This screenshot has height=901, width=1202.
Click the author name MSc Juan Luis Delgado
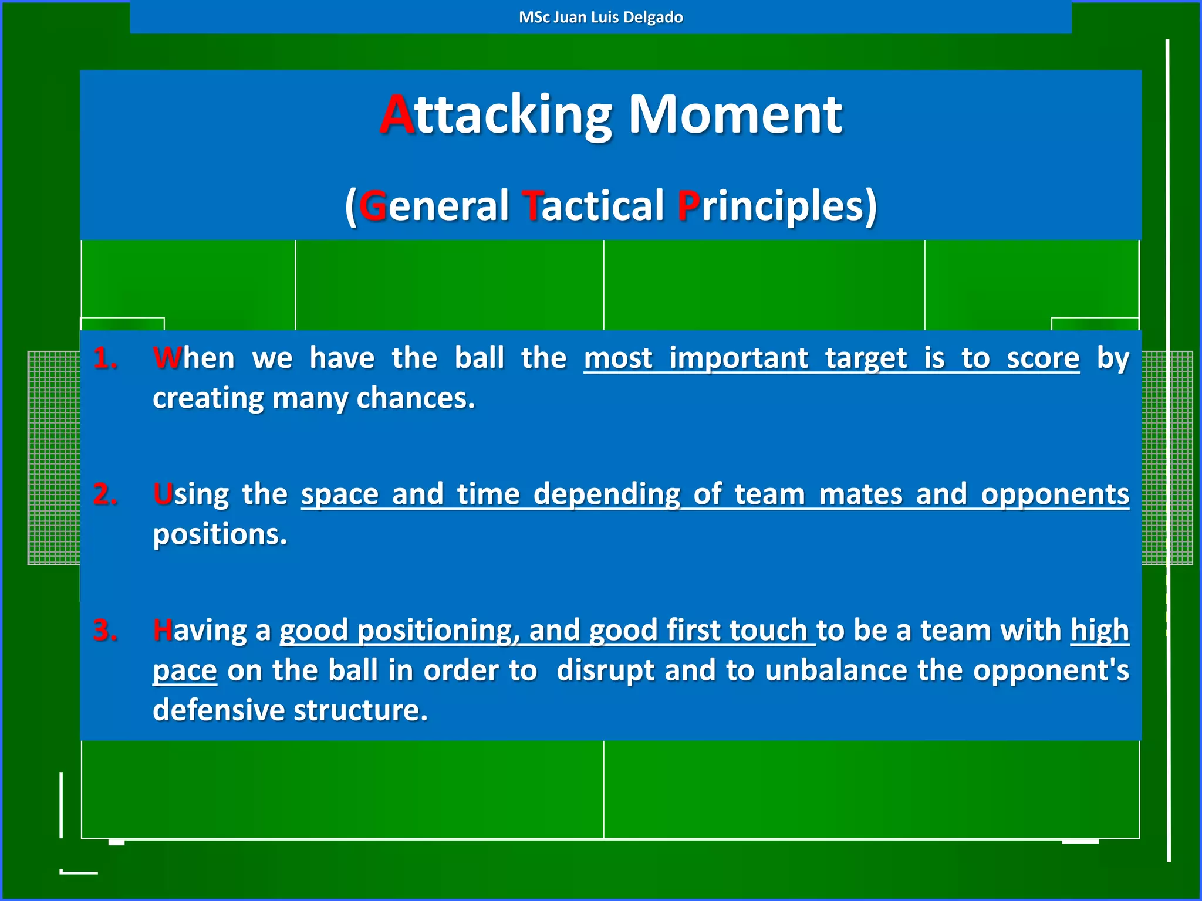(600, 17)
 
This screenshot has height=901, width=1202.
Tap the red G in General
(373, 206)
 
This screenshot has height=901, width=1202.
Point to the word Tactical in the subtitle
(593, 206)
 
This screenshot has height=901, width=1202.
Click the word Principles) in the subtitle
(776, 206)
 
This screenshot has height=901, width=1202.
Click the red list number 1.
(105, 358)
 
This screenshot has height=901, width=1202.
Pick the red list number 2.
(105, 494)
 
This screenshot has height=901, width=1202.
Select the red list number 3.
(105, 630)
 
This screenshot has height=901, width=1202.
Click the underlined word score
(1043, 358)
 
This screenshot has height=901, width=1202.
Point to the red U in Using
(163, 494)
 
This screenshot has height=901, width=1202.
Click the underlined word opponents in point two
(1055, 494)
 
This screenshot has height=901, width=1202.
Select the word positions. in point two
(220, 534)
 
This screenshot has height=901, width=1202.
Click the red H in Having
(163, 630)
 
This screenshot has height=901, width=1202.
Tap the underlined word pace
(185, 670)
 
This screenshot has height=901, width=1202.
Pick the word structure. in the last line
(360, 710)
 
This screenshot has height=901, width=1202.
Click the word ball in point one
(479, 358)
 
